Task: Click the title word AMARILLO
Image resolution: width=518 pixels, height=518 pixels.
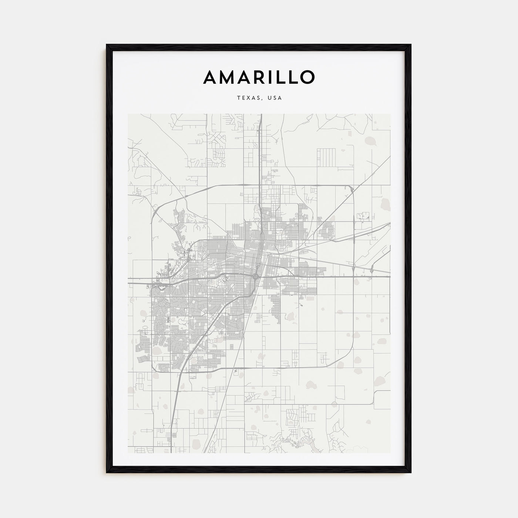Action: click(259, 77)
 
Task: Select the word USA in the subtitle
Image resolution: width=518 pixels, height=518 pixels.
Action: click(275, 98)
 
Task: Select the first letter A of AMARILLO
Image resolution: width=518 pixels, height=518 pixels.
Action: click(209, 77)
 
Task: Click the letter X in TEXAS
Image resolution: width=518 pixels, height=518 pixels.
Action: click(246, 98)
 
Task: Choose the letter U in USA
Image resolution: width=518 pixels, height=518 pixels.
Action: click(269, 98)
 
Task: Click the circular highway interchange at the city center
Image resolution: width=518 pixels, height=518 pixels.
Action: click(256, 276)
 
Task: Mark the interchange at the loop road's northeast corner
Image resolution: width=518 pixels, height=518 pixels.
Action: click(351, 189)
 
